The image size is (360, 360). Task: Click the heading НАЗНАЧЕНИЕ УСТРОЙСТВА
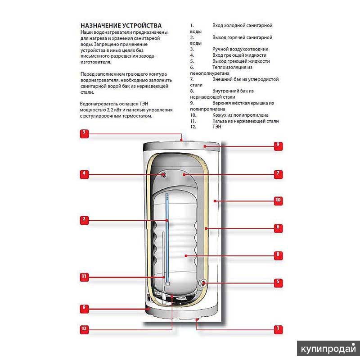point(121,26)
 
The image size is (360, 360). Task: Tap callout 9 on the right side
point(278,145)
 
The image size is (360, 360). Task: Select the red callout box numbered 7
point(278,173)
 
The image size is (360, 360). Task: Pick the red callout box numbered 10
point(278,200)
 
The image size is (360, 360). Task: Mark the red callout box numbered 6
point(278,228)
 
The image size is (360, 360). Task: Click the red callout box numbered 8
point(278,255)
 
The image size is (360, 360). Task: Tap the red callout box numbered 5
point(278,283)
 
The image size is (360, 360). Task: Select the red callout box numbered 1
point(278,329)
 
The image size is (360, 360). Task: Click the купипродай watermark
point(328,349)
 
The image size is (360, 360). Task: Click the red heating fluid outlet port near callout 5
point(204,283)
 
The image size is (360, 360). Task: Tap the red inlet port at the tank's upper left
point(164,174)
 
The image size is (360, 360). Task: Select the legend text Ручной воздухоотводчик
point(240,49)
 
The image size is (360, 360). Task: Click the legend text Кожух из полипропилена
point(240,115)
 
